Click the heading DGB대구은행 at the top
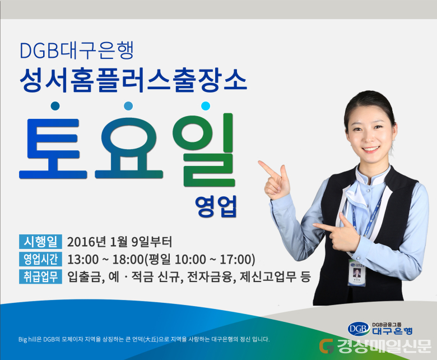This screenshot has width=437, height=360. pyautogui.click(x=77, y=50)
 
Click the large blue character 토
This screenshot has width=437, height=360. pyautogui.click(x=53, y=149)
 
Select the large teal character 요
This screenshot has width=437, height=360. pyautogui.click(x=129, y=148)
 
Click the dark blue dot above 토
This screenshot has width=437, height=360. pyautogui.click(x=55, y=106)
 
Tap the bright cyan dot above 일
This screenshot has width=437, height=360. pyautogui.click(x=206, y=106)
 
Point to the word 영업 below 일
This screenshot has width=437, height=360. pyautogui.click(x=216, y=206)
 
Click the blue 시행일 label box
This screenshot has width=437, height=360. pyautogui.click(x=40, y=242)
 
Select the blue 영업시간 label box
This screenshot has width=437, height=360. pyautogui.click(x=40, y=259)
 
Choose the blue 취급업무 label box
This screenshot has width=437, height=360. pyautogui.click(x=40, y=276)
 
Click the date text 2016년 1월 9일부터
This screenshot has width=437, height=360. pyautogui.click(x=119, y=242)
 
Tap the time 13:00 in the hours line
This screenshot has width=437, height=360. pyautogui.click(x=83, y=260)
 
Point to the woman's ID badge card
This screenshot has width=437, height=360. pyautogui.click(x=357, y=273)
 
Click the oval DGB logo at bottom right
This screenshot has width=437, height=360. pyautogui.click(x=359, y=329)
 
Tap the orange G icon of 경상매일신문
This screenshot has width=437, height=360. pyautogui.click(x=327, y=346)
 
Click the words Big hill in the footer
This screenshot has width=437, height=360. pyautogui.click(x=27, y=339)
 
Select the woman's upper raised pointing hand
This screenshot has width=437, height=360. pyautogui.click(x=275, y=180)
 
